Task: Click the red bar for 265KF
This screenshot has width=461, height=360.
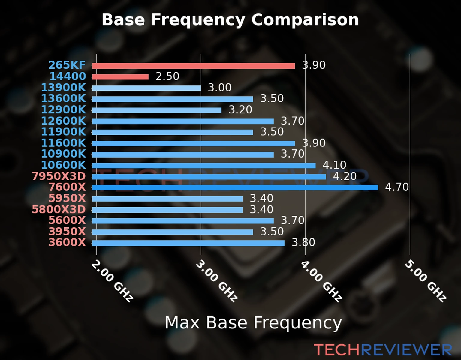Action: [x=193, y=66]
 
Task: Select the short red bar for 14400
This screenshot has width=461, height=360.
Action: [x=120, y=77]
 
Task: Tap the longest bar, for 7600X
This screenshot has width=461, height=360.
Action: [x=235, y=188]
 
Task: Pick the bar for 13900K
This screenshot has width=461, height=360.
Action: [x=146, y=88]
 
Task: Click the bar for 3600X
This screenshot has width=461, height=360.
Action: [x=188, y=243]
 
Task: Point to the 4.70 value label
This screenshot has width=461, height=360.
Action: [x=396, y=187]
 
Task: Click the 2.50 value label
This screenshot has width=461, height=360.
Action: [x=167, y=76]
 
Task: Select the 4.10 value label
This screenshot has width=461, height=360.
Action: [x=334, y=165]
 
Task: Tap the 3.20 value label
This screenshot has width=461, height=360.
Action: [x=240, y=110]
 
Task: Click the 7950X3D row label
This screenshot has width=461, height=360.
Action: [x=59, y=176]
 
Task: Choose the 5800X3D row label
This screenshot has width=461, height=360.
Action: [x=59, y=209]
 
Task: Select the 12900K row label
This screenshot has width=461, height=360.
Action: [x=63, y=110]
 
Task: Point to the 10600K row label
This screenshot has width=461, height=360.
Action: [x=63, y=165]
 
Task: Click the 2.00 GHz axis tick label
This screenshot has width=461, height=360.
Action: [x=112, y=281]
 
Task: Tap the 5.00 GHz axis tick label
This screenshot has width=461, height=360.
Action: [x=426, y=281]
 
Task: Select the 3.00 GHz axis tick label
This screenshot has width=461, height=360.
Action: [x=217, y=281]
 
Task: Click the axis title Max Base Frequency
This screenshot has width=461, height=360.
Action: [x=253, y=323]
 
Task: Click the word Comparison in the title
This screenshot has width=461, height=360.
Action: [x=305, y=20]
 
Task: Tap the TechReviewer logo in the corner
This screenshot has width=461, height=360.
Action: [x=383, y=350]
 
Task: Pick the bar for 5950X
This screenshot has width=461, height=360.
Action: [x=167, y=199]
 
